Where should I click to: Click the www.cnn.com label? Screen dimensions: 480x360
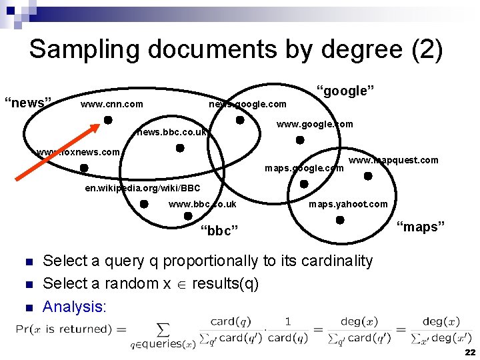[111, 104]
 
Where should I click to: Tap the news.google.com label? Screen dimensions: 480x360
[247, 104]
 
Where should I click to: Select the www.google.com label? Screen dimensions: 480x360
[315, 124]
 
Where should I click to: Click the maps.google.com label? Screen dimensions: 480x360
[304, 168]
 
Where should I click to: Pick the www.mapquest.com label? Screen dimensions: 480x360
[393, 160]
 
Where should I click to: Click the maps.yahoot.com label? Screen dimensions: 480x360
[348, 204]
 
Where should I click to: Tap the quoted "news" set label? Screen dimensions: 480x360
[28, 103]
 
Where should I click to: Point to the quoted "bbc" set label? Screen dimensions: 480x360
[219, 231]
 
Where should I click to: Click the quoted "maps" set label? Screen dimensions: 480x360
[421, 227]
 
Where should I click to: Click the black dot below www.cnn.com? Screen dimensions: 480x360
[107, 121]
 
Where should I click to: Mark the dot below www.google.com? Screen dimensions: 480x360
[300, 140]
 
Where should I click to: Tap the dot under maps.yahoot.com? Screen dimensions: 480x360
[340, 219]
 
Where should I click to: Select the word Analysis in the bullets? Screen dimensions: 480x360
[74, 307]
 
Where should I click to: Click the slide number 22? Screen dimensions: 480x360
[470, 352]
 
